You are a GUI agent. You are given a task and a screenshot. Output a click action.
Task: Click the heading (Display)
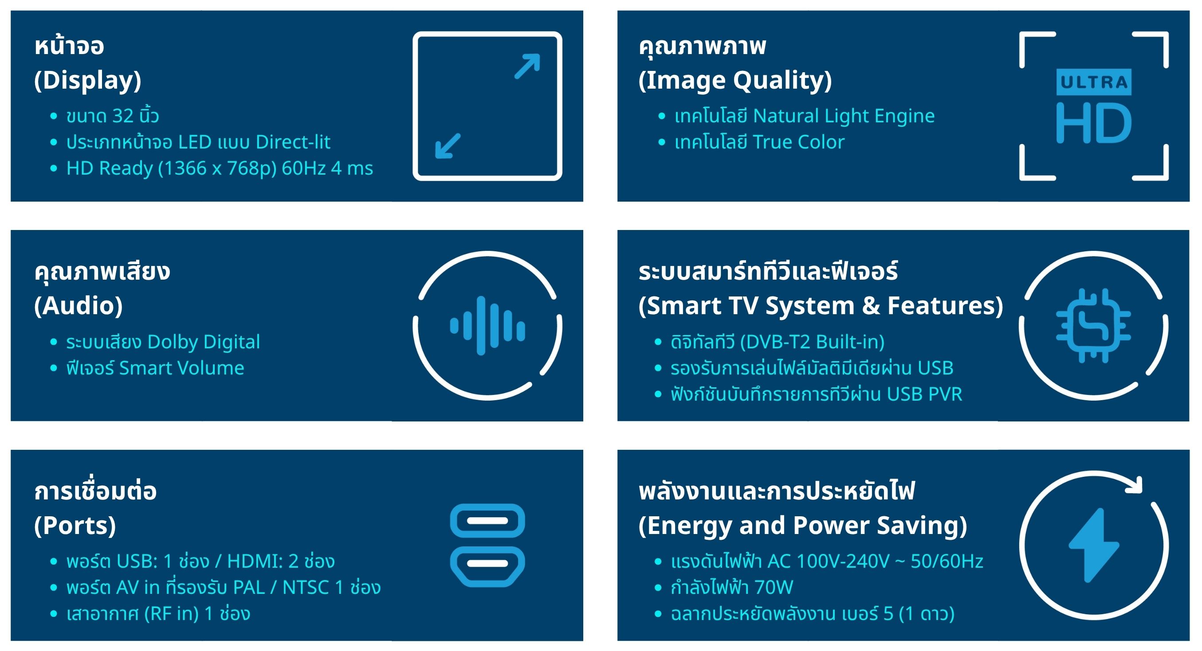coord(88,80)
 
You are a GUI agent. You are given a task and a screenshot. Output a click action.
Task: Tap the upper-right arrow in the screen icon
coord(527,66)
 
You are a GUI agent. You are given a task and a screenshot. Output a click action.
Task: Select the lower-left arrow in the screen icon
coord(448,145)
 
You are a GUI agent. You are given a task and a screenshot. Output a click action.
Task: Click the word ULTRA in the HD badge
coord(1094,82)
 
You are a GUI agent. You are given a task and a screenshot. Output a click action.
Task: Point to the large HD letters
coord(1094,123)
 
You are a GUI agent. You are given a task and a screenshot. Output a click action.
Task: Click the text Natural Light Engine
coord(844,116)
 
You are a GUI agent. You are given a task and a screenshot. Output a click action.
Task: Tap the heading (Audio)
coord(79,306)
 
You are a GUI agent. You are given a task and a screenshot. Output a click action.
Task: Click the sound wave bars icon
coord(487,325)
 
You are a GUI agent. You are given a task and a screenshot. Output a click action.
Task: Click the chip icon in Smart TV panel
coord(1094,325)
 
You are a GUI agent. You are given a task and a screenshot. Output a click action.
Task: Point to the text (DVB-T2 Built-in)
coord(813,342)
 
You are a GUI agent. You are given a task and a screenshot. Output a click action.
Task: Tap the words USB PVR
coord(924,394)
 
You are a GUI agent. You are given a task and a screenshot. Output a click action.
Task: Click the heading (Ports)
coord(75,526)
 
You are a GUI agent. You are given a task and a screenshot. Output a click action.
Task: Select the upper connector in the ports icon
coord(487,520)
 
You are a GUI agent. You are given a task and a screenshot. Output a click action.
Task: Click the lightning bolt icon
coord(1094,545)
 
